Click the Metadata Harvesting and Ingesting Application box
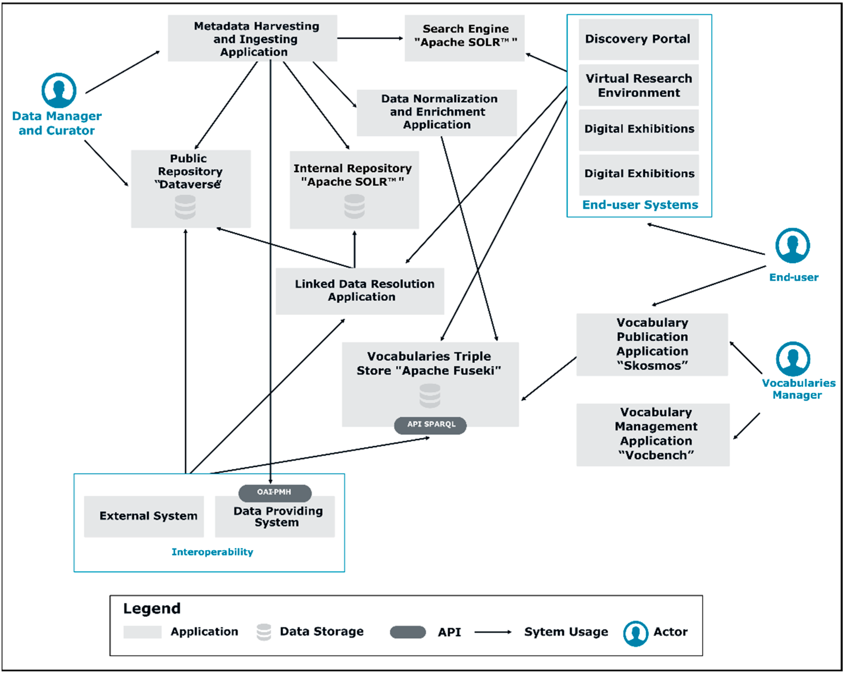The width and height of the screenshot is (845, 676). (x=252, y=38)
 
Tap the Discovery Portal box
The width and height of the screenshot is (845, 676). (x=639, y=39)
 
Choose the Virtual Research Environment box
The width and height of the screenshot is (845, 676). (x=639, y=85)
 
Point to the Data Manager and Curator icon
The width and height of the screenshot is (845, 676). (x=59, y=90)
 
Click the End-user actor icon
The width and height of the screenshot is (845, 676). (x=793, y=246)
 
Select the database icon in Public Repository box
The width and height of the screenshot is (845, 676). (x=185, y=207)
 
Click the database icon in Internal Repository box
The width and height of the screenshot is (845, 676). (x=354, y=206)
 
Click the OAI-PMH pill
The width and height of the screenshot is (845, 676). (x=275, y=493)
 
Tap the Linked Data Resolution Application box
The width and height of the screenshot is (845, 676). (x=360, y=291)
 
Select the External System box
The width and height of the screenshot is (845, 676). (x=144, y=517)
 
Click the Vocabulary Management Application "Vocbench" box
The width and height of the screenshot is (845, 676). (x=653, y=435)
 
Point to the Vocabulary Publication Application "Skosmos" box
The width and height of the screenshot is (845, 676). (x=652, y=345)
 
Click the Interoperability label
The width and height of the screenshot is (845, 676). (x=212, y=552)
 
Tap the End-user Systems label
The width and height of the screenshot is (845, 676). (x=640, y=205)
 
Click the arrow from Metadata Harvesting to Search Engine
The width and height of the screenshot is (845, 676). (x=370, y=38)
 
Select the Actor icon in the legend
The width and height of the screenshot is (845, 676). (x=635, y=633)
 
